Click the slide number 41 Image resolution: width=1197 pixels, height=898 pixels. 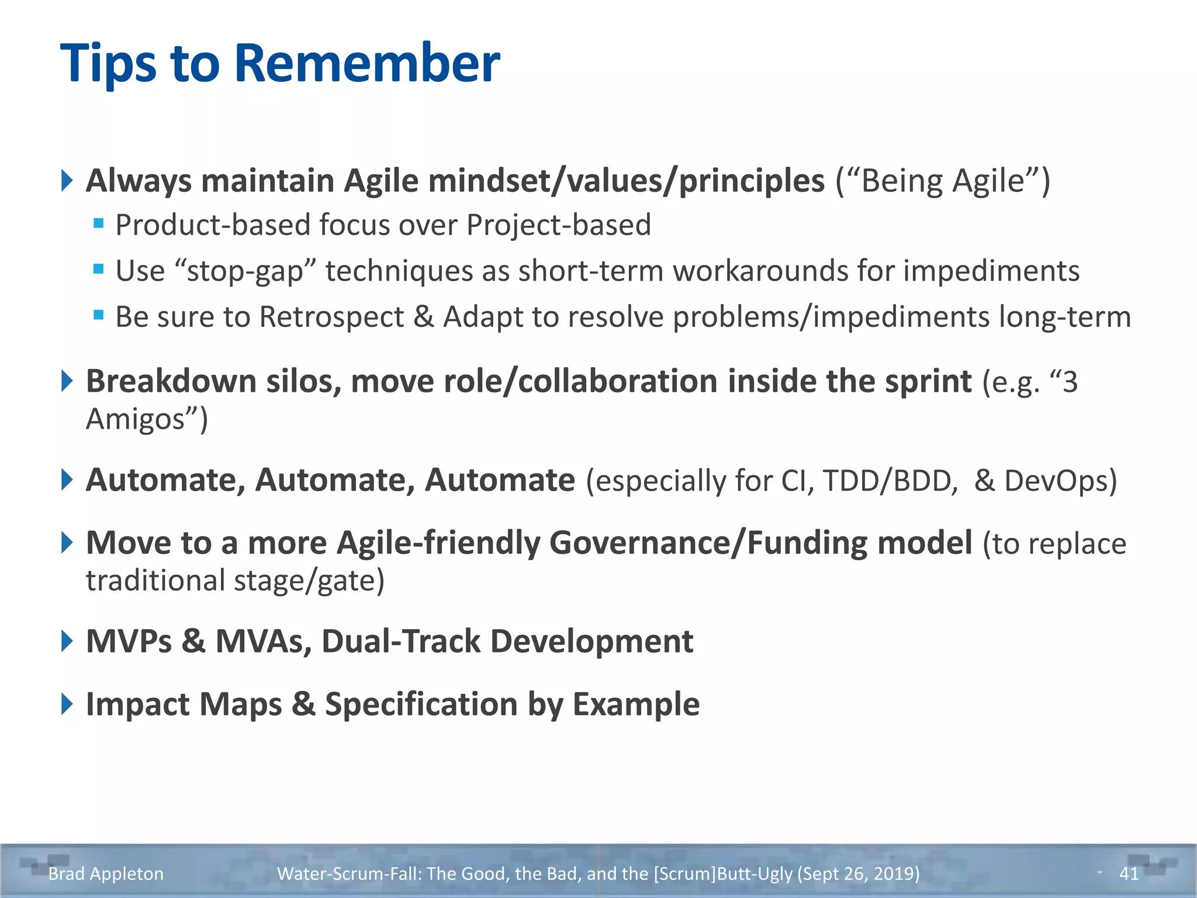pyautogui.click(x=1129, y=873)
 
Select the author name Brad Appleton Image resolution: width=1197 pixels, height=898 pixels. pyautogui.click(x=106, y=873)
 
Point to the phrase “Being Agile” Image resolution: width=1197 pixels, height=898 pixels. pyautogui.click(x=943, y=181)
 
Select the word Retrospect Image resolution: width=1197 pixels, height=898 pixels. pyautogui.click(x=331, y=317)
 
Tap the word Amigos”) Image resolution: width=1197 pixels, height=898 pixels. pyautogui.click(x=147, y=419)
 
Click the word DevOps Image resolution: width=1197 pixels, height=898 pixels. pyautogui.click(x=1060, y=481)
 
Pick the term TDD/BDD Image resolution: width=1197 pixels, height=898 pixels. pyautogui.click(x=890, y=481)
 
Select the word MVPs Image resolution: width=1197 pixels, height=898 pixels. pyautogui.click(x=129, y=641)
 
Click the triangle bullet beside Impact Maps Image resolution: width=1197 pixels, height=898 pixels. pyautogui.click(x=67, y=704)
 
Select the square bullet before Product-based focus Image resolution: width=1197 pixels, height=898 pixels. pyautogui.click(x=98, y=223)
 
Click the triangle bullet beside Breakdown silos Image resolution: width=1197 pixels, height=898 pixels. pyautogui.click(x=67, y=381)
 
